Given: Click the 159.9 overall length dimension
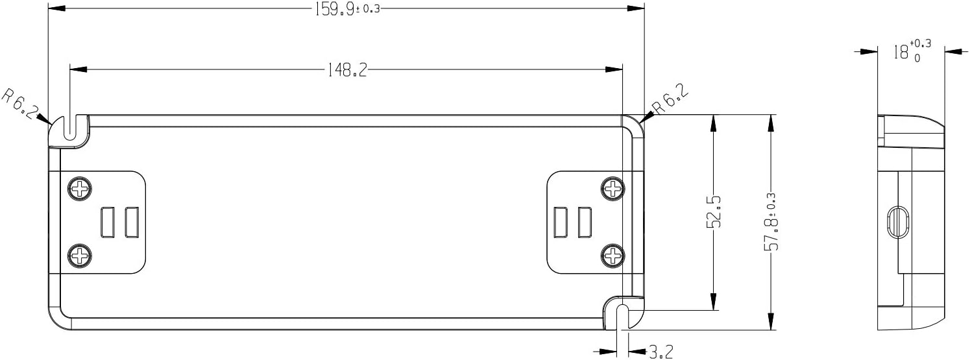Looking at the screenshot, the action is click(x=347, y=8).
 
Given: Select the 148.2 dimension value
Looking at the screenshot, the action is click(x=347, y=69).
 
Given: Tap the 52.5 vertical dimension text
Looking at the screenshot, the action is click(x=713, y=211).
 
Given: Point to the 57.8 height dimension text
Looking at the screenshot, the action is click(x=771, y=222).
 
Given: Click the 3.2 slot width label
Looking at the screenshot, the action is click(x=661, y=352).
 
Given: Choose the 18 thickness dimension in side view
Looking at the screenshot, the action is click(x=912, y=52).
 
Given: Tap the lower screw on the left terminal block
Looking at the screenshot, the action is click(x=80, y=256).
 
